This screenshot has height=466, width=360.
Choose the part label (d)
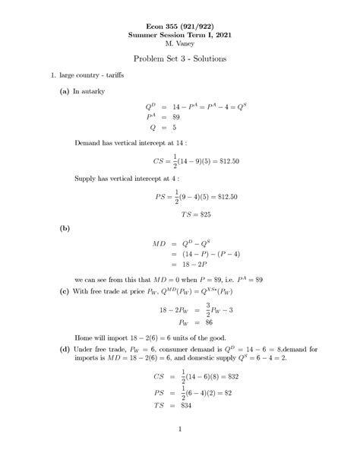[x=53, y=348]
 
